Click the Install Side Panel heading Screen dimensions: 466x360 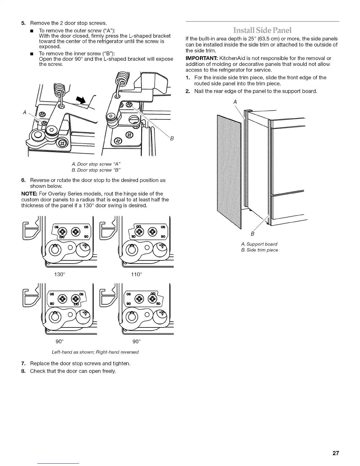[x=262, y=30]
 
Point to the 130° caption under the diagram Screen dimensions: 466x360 [x=59, y=274]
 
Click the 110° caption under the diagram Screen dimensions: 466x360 [x=136, y=274]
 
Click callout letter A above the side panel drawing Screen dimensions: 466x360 [x=235, y=102]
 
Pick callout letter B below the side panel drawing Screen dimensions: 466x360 [x=252, y=234]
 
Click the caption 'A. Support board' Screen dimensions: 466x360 [x=259, y=244]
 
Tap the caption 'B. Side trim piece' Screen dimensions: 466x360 [x=259, y=250]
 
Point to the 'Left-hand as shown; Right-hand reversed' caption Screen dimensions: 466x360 [x=95, y=352]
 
